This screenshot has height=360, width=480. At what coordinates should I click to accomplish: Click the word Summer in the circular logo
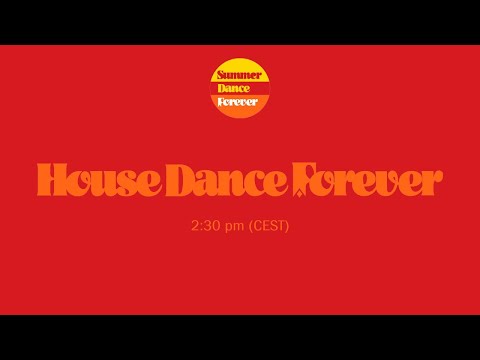[x=240, y=75]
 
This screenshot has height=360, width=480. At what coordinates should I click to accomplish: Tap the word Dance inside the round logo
[x=240, y=88]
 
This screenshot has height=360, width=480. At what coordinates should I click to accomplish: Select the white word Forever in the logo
[x=240, y=101]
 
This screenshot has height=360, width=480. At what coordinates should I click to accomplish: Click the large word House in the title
[x=100, y=180]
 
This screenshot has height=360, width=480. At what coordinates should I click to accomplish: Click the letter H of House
[x=52, y=180]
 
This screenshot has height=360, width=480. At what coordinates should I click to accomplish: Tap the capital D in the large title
[x=181, y=180]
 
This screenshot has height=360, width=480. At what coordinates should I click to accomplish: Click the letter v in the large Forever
[x=378, y=182]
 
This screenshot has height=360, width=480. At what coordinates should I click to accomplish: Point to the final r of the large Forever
[x=431, y=182]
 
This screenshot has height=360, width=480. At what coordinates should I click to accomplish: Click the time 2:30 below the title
[x=204, y=226]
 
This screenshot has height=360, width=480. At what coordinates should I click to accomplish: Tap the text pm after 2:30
[x=234, y=227]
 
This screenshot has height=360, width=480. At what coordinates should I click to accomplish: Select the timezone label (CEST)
[x=269, y=226]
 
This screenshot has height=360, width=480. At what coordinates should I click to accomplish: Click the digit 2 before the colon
[x=194, y=226]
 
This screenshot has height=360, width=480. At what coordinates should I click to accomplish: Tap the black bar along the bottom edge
[x=240, y=337]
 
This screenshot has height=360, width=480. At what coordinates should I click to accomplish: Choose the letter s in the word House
[x=126, y=182]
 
